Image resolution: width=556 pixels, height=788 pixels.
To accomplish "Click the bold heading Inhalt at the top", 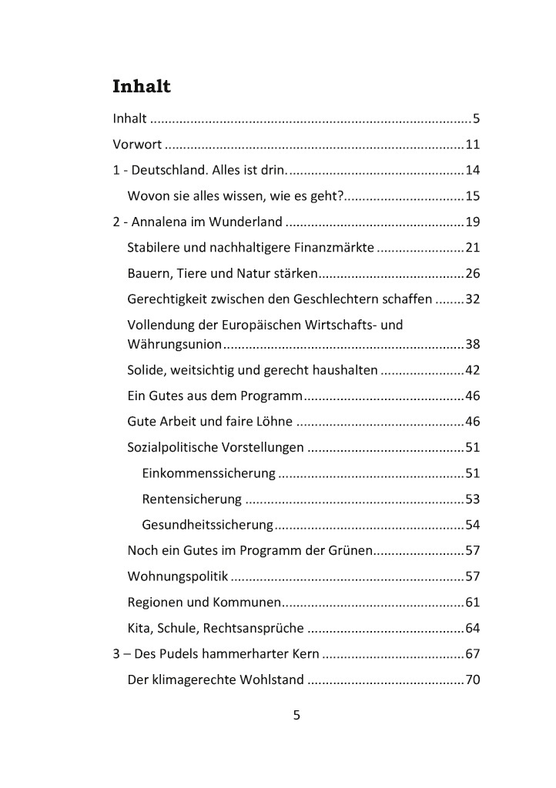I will pyautogui.click(x=142, y=86).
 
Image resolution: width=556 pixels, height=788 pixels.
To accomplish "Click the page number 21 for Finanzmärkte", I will pyautogui.click(x=472, y=248).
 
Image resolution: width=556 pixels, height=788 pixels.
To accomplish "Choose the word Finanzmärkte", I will pyautogui.click(x=337, y=248).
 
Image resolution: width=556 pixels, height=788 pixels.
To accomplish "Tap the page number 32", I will pyautogui.click(x=472, y=299).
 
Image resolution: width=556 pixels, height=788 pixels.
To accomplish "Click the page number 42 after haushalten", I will pyautogui.click(x=472, y=370).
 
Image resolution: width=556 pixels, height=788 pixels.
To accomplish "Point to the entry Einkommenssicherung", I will pyautogui.click(x=209, y=473).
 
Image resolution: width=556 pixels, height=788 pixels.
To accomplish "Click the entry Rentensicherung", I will pyautogui.click(x=192, y=499).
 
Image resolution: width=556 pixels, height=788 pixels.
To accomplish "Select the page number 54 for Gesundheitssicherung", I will pyautogui.click(x=472, y=526).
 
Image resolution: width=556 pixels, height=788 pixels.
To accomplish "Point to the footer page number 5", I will pyautogui.click(x=296, y=715).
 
